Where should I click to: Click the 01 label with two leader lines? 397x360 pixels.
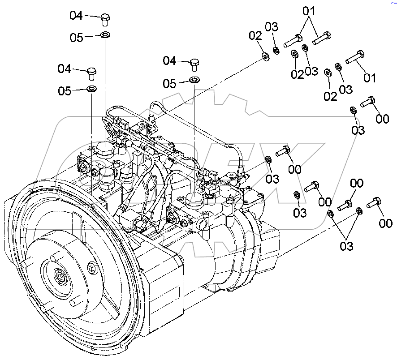point(310,10)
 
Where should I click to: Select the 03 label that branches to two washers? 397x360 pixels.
point(346,245)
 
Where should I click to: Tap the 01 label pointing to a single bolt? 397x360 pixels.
point(370,78)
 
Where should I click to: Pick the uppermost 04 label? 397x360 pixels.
point(76,16)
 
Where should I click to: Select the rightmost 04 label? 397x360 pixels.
point(169,60)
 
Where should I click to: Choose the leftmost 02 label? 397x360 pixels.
point(255,35)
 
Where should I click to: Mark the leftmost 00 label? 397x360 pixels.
point(295,169)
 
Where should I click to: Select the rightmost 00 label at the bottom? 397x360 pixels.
point(385,223)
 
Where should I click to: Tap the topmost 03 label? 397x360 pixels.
point(272,26)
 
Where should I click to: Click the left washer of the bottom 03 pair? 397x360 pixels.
point(329,214)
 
